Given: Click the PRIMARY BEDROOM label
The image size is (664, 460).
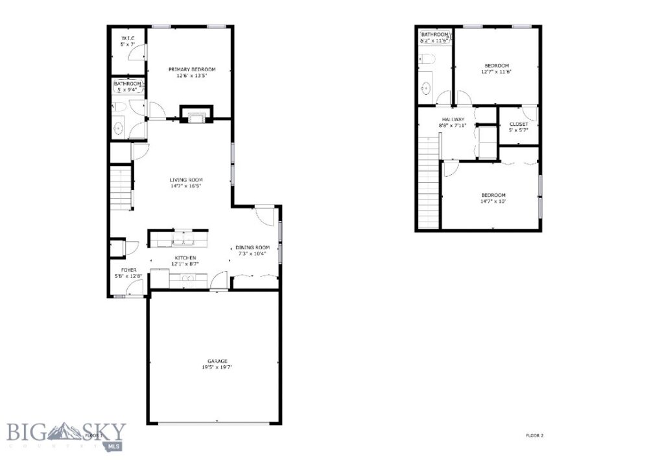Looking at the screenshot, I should coord(192,69).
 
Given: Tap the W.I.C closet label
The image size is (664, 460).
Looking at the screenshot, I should coord(128,39).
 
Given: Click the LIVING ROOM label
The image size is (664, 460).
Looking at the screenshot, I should coord(187,179).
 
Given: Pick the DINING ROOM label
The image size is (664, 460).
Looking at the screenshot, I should coord(252,247).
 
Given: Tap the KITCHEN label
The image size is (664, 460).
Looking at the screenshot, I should coord(185,258).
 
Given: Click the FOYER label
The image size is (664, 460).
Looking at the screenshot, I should coord(128,270).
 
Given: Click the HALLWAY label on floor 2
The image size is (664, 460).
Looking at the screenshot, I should coord(453,120).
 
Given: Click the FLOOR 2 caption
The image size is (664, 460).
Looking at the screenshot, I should coord(534,435).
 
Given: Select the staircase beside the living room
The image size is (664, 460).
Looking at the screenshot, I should coord(121,185).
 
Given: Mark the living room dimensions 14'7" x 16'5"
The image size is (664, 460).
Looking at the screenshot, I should coord(187,186).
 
